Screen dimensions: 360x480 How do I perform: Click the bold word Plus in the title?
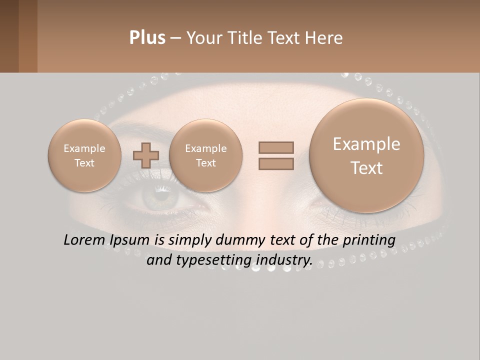click(147, 38)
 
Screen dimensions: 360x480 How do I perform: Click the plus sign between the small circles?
click(146, 155)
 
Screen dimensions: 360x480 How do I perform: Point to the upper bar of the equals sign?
click(276, 147)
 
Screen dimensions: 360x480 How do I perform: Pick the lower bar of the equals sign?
click(276, 164)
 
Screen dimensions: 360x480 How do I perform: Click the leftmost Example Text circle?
click(84, 155)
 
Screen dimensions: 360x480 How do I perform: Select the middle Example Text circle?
click(205, 155)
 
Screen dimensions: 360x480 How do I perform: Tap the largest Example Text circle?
click(366, 155)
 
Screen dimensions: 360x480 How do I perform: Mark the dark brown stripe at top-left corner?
click(9, 36)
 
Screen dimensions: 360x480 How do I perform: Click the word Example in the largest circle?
click(366, 144)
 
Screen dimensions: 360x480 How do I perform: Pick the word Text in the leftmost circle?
click(84, 163)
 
